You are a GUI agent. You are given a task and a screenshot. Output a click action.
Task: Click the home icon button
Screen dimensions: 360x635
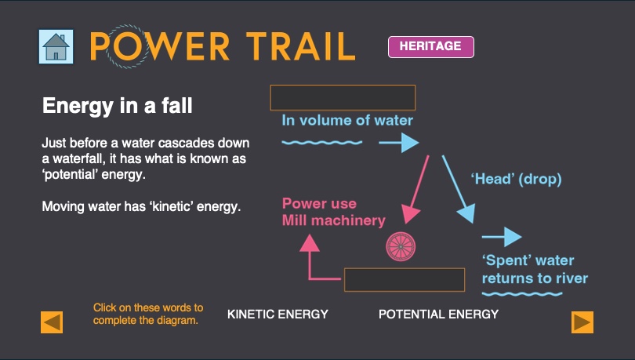pos(56,47)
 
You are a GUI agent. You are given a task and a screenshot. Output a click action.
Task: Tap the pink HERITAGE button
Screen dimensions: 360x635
pos(430,46)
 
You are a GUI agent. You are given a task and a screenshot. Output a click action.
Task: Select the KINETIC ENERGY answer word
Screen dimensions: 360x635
pos(278,315)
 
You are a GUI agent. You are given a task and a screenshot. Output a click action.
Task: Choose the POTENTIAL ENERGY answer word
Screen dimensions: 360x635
pos(438,315)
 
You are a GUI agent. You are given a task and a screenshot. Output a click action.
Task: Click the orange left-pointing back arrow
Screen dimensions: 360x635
pos(52,322)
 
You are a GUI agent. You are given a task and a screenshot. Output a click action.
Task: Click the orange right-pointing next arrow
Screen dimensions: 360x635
pos(582,322)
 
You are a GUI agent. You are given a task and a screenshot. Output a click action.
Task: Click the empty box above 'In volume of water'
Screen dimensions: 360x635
pos(343,98)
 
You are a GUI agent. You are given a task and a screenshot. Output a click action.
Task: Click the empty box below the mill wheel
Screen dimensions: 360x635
pos(396,280)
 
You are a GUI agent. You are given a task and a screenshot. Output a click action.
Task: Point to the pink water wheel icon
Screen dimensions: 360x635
pos(400,246)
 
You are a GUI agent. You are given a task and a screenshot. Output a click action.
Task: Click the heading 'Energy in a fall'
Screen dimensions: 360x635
pos(117,105)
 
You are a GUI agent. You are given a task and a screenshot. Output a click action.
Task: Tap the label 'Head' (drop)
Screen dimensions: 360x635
pos(516,179)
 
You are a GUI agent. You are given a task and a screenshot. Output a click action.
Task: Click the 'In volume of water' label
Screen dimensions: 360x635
pos(347,121)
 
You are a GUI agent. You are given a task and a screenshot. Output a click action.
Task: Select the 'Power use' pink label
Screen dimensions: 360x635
pos(320,204)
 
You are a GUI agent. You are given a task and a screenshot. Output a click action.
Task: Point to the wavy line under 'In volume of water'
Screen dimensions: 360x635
pos(322,143)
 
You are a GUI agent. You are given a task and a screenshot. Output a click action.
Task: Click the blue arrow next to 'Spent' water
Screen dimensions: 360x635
pos(502,237)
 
